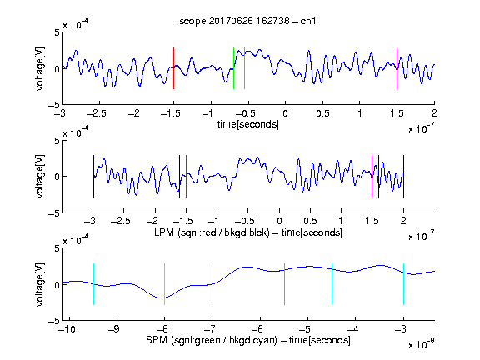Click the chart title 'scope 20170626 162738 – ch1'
click(247, 21)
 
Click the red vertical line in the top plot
click(173, 68)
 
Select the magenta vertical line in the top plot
click(397, 68)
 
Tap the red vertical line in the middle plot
click(186, 177)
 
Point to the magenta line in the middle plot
click(372, 177)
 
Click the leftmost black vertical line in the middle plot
click(93, 177)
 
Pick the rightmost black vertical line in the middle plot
click(403, 177)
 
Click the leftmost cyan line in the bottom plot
click(93, 284)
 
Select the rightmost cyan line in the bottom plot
click(403, 284)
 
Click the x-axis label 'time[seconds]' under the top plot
click(248, 124)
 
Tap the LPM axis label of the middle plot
click(248, 232)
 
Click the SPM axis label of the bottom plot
click(248, 340)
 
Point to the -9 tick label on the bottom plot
click(114, 329)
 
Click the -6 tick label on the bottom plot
click(257, 329)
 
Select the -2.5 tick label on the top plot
click(96, 114)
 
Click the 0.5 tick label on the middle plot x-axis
click(310, 221)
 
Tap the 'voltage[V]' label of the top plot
click(40, 68)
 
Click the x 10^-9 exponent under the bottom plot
click(422, 344)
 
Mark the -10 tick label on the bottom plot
click(67, 329)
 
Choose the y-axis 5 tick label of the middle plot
click(57, 141)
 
